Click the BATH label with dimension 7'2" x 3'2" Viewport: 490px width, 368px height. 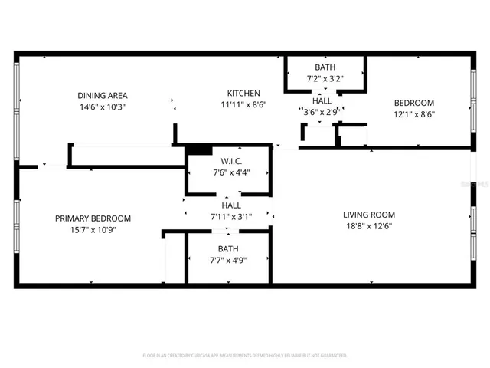(x=325, y=67)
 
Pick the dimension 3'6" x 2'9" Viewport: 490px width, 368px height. (x=322, y=113)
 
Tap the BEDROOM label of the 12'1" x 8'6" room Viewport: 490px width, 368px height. (x=413, y=103)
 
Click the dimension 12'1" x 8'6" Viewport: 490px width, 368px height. (x=413, y=115)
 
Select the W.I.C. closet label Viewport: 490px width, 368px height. (x=231, y=161)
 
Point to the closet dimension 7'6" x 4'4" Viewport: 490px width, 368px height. (x=231, y=172)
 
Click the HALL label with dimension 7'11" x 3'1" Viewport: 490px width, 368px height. (x=231, y=205)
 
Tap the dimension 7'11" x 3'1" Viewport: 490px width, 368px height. (x=231, y=217)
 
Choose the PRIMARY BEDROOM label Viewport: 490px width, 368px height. (x=93, y=219)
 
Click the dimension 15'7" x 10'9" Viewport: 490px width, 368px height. (x=93, y=229)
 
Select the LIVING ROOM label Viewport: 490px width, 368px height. (x=368, y=215)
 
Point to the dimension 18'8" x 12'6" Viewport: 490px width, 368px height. (x=368, y=225)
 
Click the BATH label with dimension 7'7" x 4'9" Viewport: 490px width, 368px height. (x=228, y=248)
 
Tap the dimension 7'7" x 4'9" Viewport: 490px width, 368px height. (x=228, y=260)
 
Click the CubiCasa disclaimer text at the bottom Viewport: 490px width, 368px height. (x=245, y=355)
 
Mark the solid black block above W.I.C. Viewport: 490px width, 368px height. (x=199, y=150)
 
